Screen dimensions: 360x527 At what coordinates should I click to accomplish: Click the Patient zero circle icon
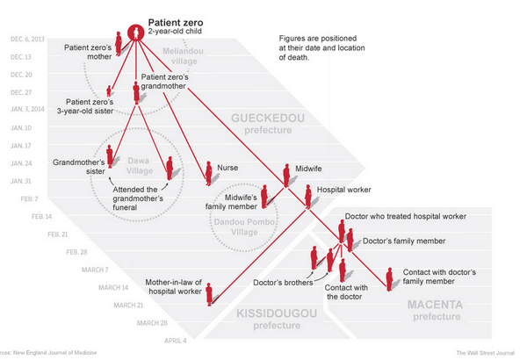click(134, 32)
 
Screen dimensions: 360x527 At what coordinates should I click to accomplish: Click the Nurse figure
click(208, 173)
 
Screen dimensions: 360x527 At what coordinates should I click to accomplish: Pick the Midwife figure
click(286, 175)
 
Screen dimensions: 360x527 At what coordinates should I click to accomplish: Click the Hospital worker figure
click(308, 195)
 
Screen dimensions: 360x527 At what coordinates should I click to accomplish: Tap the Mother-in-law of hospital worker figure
click(209, 292)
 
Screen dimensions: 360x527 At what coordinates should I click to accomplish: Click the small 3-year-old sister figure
click(109, 90)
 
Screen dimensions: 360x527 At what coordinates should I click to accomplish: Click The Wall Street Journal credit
click(485, 352)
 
